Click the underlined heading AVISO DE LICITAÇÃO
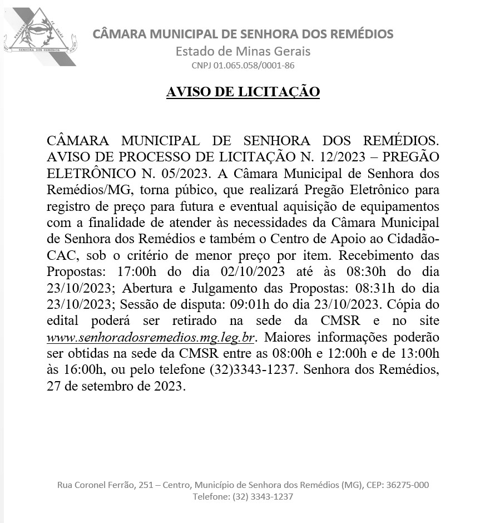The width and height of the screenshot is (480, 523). coord(243,91)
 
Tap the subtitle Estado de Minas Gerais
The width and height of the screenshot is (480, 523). coord(243,51)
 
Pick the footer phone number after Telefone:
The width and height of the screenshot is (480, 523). coord(263,497)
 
